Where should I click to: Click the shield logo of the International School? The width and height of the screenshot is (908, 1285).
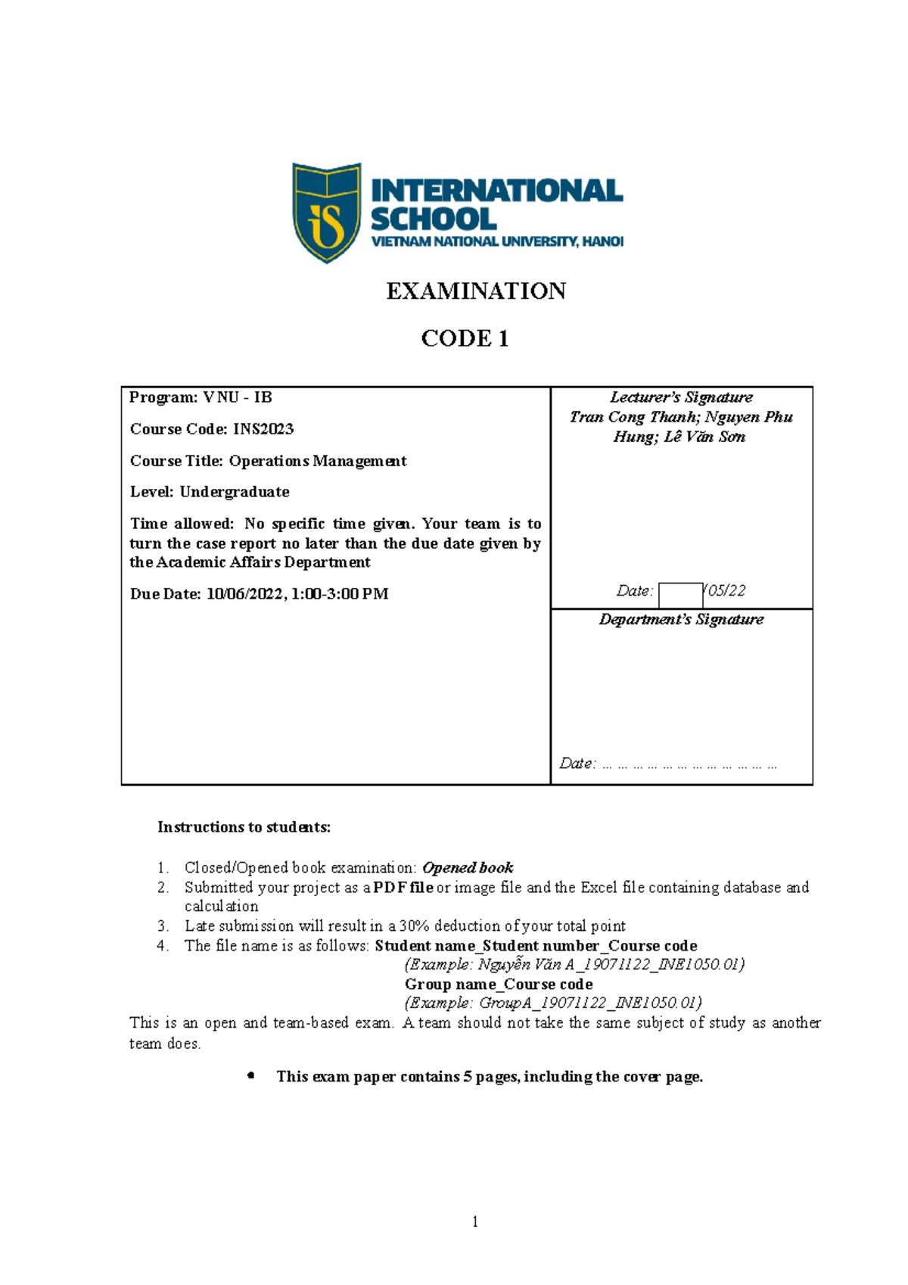click(x=327, y=213)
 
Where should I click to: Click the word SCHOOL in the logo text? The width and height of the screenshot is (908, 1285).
click(x=434, y=219)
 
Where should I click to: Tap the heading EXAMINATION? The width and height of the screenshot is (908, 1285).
click(x=476, y=291)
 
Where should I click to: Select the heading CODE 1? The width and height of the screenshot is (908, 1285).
click(x=465, y=338)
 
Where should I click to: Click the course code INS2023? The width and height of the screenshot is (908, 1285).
click(x=263, y=429)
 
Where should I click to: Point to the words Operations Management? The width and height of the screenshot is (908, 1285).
click(x=318, y=461)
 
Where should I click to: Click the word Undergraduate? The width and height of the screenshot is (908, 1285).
click(x=235, y=492)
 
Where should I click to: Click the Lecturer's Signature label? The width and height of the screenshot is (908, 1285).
click(x=681, y=397)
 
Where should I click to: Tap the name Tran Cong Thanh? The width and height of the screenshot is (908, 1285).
click(x=634, y=417)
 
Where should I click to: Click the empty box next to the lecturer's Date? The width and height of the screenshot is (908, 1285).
click(x=680, y=595)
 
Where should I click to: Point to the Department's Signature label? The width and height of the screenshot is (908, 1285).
click(x=681, y=619)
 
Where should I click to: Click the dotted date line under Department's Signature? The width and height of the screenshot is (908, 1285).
click(x=689, y=765)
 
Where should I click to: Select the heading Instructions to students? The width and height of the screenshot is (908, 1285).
click(x=244, y=827)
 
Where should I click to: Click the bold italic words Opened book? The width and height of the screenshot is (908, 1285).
click(x=468, y=867)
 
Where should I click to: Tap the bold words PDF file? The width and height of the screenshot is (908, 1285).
click(x=403, y=887)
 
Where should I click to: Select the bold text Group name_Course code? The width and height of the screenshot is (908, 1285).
click(x=499, y=984)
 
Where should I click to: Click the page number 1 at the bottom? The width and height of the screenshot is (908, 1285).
click(x=474, y=1221)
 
